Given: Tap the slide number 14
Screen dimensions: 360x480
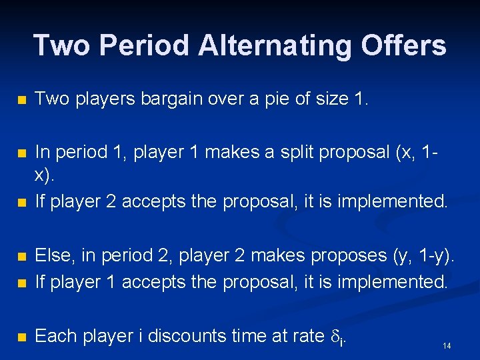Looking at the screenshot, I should tap(447, 345).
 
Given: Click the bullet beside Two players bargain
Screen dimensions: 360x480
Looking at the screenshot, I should tap(22, 100).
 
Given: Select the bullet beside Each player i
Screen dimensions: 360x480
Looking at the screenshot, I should tap(22, 337).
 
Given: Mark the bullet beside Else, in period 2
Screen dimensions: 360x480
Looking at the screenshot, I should tap(22, 256).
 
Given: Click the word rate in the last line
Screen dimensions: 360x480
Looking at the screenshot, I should tap(307, 336).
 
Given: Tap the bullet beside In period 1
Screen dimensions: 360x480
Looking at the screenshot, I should tap(22, 153).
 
